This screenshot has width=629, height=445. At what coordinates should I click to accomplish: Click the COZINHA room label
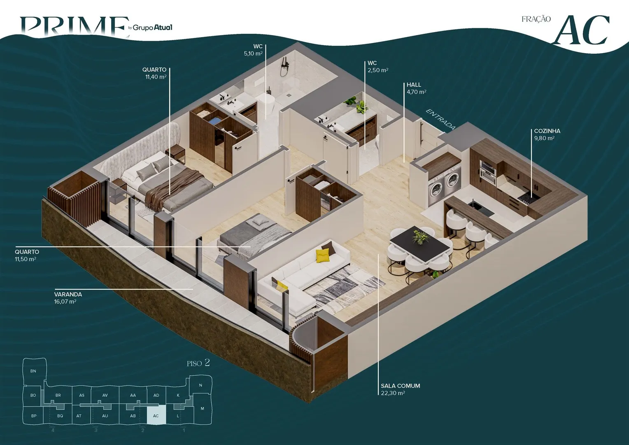(x=547, y=131)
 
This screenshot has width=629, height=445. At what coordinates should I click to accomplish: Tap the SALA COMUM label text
(x=401, y=386)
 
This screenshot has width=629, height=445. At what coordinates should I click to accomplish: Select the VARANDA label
(x=68, y=294)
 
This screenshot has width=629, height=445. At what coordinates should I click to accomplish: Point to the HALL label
(x=414, y=84)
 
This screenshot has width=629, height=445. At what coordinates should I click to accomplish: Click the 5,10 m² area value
(x=253, y=54)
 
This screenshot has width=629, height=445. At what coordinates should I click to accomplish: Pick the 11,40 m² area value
(x=156, y=77)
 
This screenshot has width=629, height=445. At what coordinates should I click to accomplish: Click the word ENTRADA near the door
(x=440, y=119)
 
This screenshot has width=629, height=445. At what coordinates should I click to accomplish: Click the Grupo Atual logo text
(x=152, y=28)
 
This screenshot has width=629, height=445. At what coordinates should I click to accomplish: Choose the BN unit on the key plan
(x=33, y=371)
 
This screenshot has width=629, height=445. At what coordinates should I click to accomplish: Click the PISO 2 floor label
(x=198, y=363)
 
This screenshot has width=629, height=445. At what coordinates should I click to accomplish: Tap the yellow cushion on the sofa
(x=322, y=256)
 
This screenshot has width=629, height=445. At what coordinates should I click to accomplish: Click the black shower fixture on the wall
(x=284, y=66)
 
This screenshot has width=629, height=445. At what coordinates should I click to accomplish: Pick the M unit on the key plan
(x=202, y=408)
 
